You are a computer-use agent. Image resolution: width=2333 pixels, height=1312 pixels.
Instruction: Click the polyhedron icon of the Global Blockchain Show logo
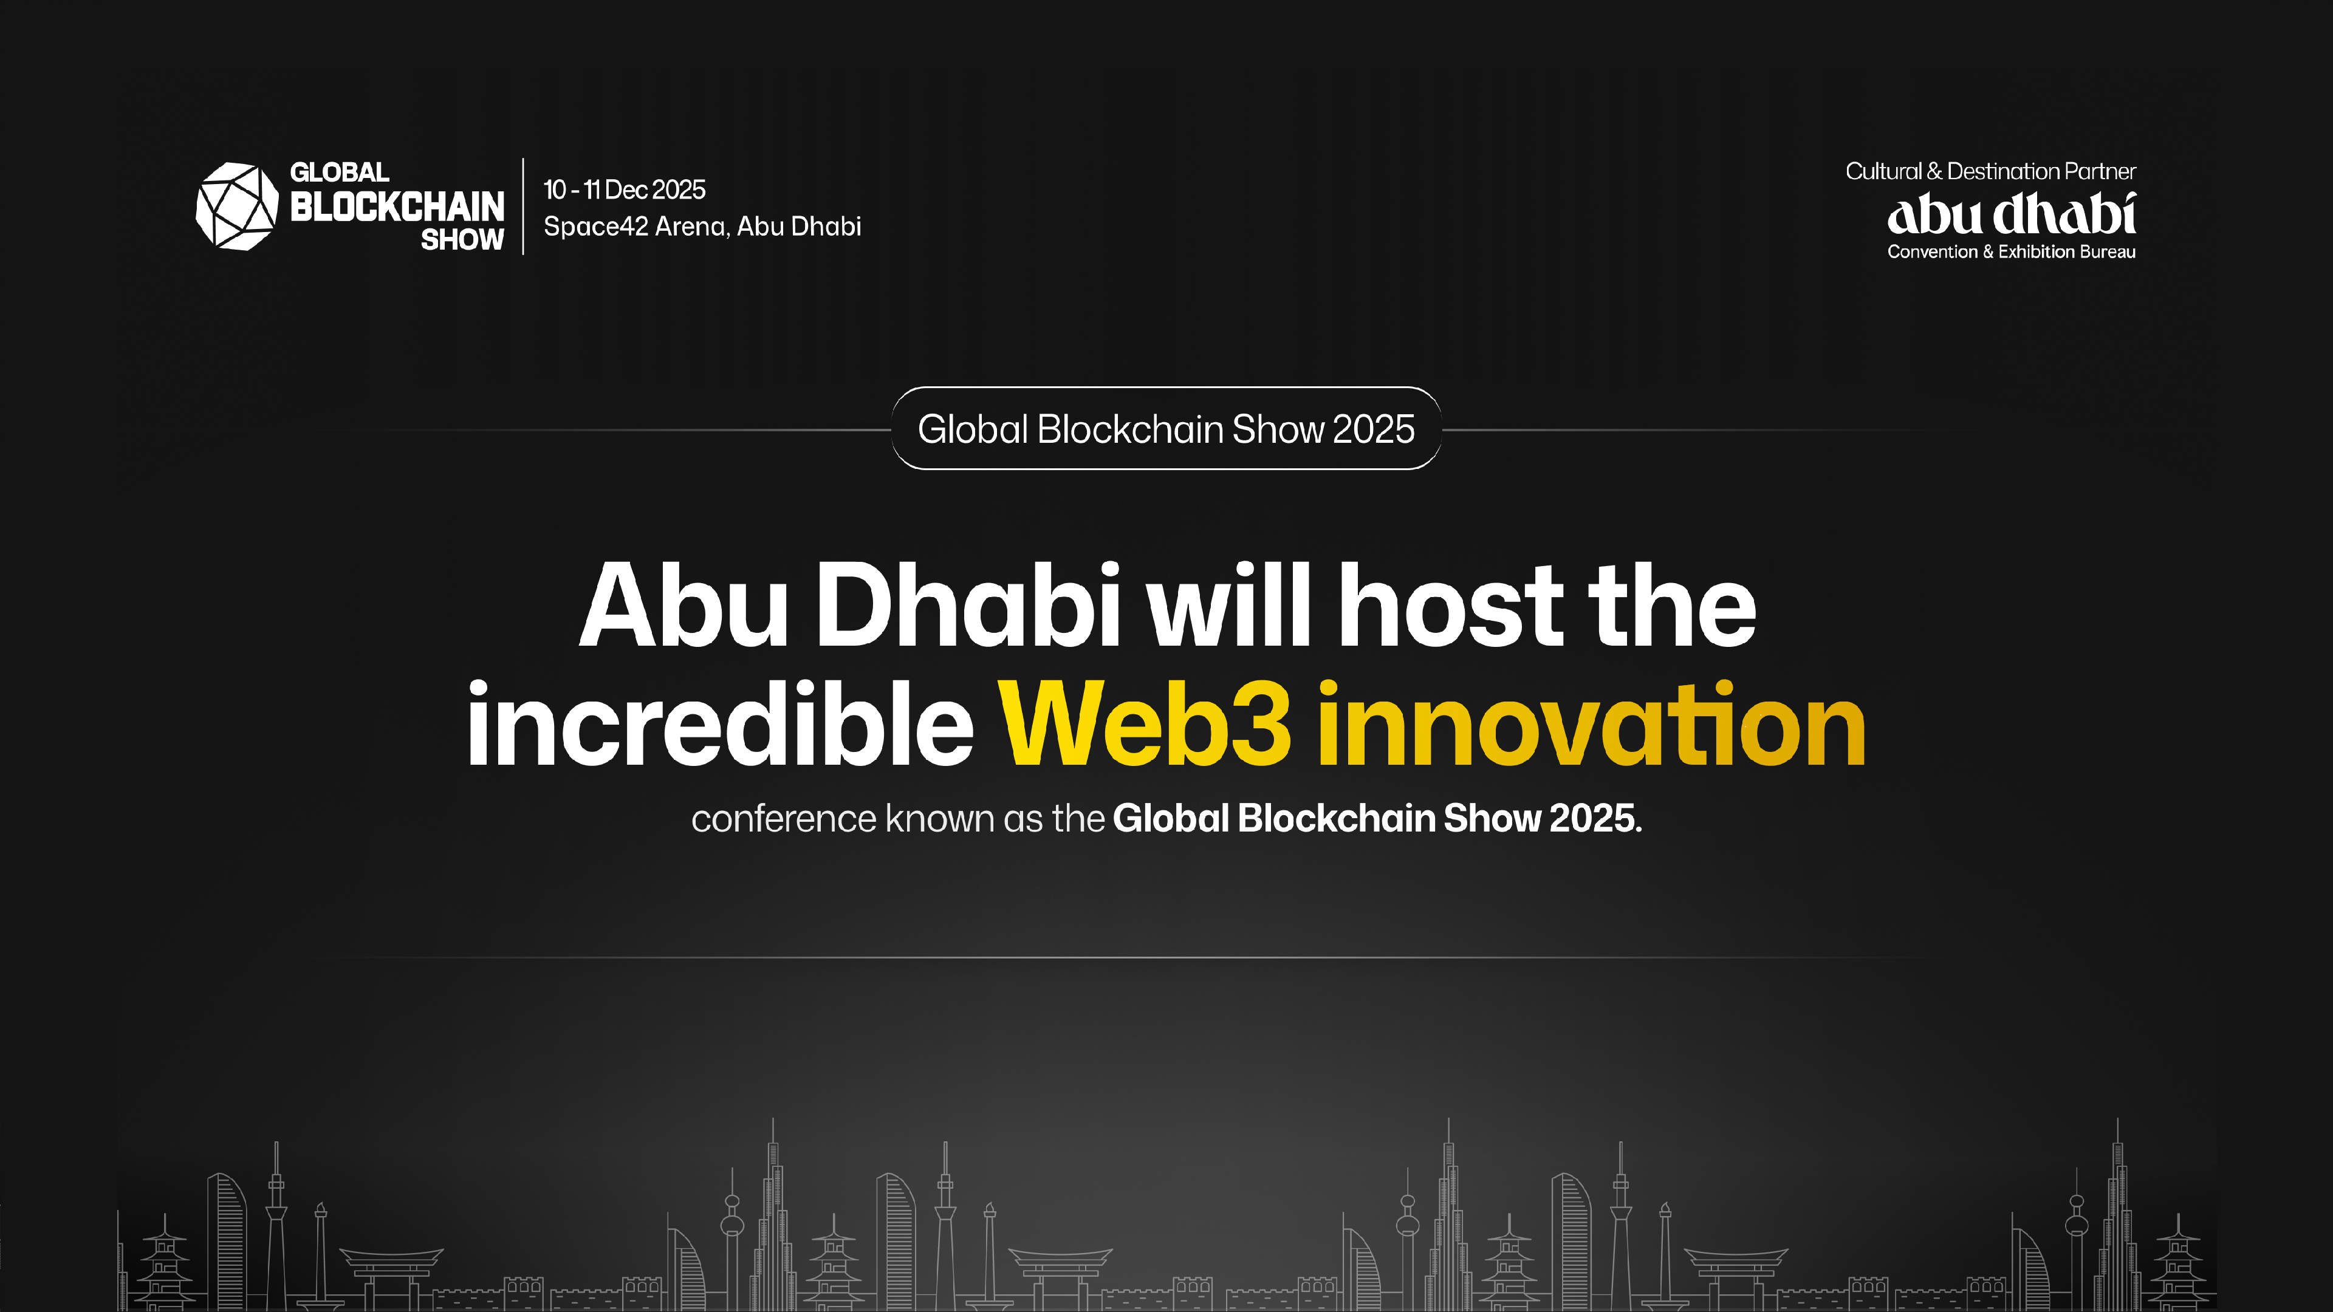236,207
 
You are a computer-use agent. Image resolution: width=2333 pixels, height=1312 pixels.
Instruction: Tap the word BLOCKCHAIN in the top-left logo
397,207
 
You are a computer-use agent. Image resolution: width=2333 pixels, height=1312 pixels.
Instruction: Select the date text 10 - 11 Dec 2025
624,190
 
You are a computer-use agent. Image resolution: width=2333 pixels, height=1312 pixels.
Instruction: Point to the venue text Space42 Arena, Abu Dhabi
702,227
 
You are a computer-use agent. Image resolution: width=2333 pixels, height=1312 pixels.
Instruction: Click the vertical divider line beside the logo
524,207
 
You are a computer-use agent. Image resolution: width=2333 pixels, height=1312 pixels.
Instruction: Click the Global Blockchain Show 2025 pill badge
1166,428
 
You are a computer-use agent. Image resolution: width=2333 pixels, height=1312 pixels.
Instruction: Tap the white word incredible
720,725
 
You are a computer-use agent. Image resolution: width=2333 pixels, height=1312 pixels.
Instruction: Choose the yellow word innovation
1591,725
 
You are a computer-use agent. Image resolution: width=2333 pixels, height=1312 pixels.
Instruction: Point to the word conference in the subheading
783,819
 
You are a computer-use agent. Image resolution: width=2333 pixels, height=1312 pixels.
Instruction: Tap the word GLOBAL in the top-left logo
340,172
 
